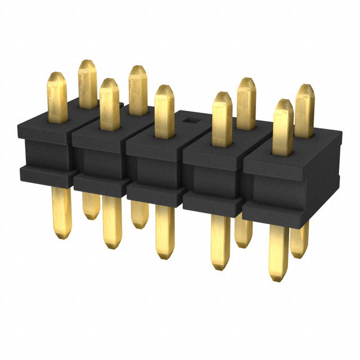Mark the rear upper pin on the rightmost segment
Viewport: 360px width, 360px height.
click(x=304, y=110)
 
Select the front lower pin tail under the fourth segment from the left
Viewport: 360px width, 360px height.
click(x=220, y=242)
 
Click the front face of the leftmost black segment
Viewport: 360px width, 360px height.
click(x=45, y=152)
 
